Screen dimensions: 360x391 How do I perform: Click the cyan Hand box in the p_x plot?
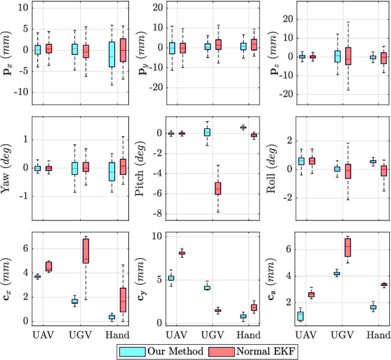[112, 54]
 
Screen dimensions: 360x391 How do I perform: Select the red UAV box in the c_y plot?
[181, 253]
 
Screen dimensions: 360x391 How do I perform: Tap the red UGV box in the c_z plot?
[348, 248]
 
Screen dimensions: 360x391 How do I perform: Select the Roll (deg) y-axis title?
[273, 167]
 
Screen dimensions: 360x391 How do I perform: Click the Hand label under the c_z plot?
[379, 335]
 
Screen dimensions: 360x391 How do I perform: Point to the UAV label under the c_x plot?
[42, 335]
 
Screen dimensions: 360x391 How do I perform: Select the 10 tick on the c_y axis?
[156, 236]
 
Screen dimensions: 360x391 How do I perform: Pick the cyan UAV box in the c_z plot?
[299, 316]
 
